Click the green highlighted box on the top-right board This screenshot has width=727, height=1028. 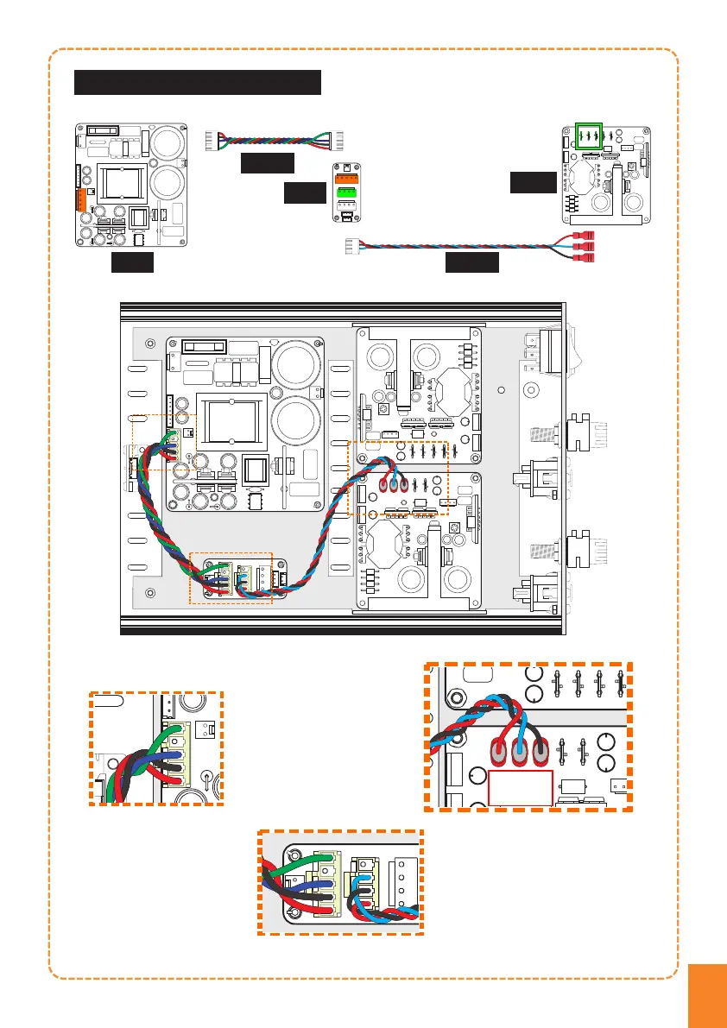(589, 136)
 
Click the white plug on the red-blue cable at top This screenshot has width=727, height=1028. (351, 246)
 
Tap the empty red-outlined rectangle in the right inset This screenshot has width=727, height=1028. (521, 788)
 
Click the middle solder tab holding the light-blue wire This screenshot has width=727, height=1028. (517, 752)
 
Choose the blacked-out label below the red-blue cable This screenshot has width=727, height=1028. (471, 263)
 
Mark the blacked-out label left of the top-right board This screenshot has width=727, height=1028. (532, 182)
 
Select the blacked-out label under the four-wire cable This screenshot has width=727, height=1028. (267, 163)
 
